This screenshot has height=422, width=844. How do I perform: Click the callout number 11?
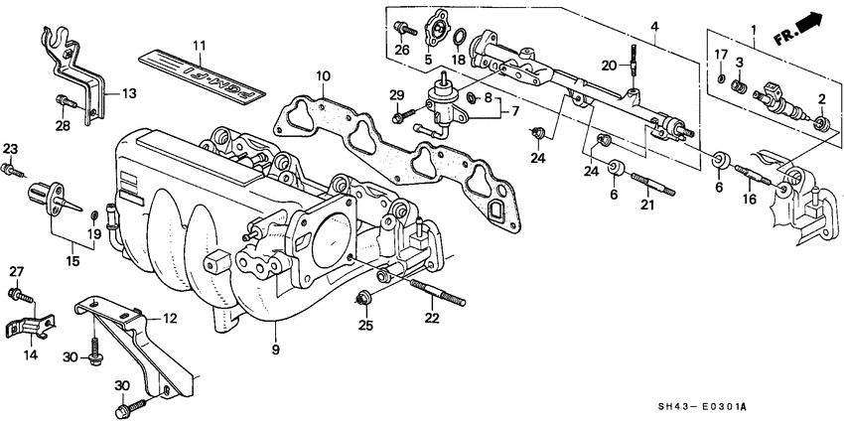(199, 46)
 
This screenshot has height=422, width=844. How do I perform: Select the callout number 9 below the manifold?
(275, 350)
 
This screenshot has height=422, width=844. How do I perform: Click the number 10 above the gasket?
(323, 76)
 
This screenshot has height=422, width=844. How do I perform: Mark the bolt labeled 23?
(12, 170)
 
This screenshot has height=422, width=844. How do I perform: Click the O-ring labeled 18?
(461, 39)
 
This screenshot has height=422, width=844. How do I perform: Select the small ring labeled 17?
(720, 77)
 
